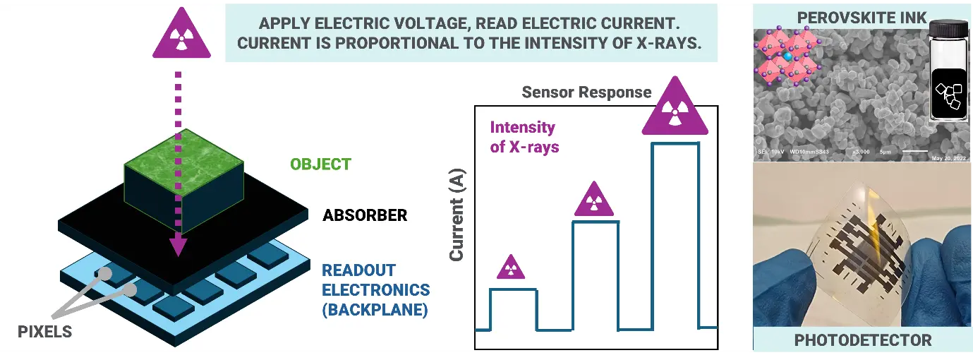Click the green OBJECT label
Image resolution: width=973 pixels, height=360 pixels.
pos(320,164)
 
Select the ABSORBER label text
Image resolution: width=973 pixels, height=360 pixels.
pos(365,215)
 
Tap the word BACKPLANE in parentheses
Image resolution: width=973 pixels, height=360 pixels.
pos(375,310)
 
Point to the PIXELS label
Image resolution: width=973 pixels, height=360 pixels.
pos(45,330)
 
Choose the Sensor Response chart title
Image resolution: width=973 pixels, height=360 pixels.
pos(586,92)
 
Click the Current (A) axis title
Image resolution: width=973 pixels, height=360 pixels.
pos(457,219)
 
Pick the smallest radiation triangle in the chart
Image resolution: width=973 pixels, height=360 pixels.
pos(512,268)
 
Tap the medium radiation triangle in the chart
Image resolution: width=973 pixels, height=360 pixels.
pos(596,200)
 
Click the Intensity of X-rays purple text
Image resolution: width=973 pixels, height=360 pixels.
pos(524,138)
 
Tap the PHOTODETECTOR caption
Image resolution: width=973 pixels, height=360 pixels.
pos(863,340)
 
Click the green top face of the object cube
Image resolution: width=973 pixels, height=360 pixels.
pos(185,154)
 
